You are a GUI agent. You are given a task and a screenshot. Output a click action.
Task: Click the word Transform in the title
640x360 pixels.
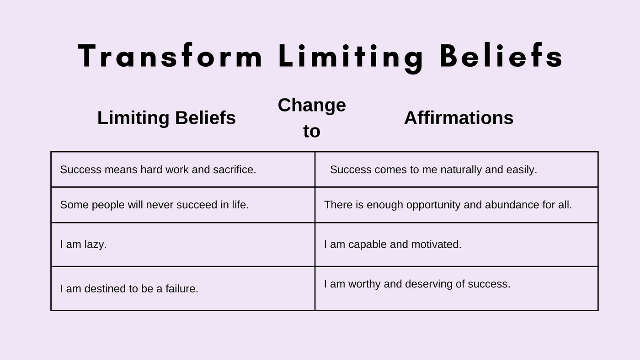point(170,56)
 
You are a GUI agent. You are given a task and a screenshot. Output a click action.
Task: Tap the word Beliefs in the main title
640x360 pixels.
point(501,55)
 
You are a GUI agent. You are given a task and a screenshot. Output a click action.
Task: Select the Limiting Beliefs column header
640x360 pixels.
point(166,117)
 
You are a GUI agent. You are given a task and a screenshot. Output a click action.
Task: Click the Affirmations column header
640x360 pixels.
point(459,117)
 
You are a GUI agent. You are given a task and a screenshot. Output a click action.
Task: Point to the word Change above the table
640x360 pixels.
point(312,106)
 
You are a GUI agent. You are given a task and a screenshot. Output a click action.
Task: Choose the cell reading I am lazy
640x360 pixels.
point(183,245)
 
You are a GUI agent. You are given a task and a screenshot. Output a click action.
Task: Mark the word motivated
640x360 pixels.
point(436,245)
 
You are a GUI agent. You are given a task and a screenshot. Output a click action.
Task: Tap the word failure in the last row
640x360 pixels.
point(182,289)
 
